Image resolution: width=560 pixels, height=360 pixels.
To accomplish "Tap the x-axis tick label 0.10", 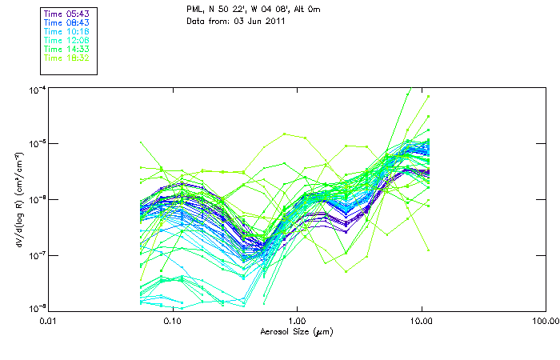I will click(172, 322).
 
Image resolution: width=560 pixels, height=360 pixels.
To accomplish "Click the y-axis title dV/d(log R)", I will click(16, 198).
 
